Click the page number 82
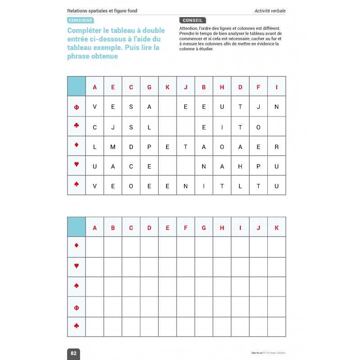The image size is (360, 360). pyautogui.click(x=74, y=353)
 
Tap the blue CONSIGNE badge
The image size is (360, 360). pyautogui.click(x=81, y=20)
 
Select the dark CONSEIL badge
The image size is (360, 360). pyautogui.click(x=192, y=20)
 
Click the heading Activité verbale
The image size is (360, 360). pyautogui.click(x=270, y=11)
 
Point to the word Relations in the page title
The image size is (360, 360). pyautogui.click(x=79, y=11)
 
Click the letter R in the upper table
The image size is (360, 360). pyautogui.click(x=276, y=147)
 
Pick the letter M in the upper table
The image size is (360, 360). pyautogui.click(x=113, y=147)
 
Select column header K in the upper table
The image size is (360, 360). pyautogui.click(x=167, y=87)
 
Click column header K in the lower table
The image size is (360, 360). pyautogui.click(x=276, y=228)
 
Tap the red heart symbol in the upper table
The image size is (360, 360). pyautogui.click(x=76, y=165)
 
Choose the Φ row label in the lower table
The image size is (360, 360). pyautogui.click(x=76, y=308)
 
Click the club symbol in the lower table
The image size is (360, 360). pyautogui.click(x=76, y=326)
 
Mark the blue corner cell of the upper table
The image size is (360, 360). pyautogui.click(x=76, y=86)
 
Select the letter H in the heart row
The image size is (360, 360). pyautogui.click(x=240, y=166)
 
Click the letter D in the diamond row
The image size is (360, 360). pyautogui.click(x=131, y=147)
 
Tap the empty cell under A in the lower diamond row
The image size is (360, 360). pyautogui.click(x=94, y=247)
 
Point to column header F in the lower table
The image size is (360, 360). pyautogui.click(x=185, y=228)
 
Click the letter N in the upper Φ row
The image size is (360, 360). pyautogui.click(x=276, y=107)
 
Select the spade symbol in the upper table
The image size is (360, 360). pyautogui.click(x=76, y=184)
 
